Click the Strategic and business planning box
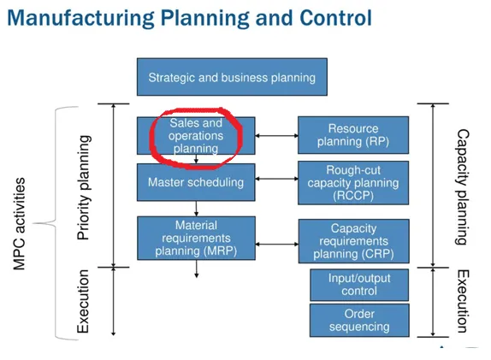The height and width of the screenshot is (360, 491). pos(232,77)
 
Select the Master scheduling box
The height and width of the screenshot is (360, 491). pos(196,182)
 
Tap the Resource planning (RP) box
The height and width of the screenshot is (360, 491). pos(353,135)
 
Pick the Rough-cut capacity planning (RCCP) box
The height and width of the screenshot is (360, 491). pos(353,183)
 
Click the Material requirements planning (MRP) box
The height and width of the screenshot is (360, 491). pos(197,238)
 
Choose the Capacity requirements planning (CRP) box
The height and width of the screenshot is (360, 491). pos(354,241)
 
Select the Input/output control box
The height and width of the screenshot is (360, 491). pos(359,285)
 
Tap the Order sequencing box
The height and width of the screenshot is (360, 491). pos(359,321)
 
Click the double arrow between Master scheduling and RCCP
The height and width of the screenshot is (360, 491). pos(277,179)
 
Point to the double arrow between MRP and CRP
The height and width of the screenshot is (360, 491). pos(277,244)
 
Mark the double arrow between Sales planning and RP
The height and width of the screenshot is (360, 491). pos(277,136)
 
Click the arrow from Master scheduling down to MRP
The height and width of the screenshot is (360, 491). pos(197,209)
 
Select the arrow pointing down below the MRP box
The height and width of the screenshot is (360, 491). pos(197,269)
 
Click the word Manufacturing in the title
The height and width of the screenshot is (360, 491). pos(80,18)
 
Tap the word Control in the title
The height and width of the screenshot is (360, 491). pos(335,18)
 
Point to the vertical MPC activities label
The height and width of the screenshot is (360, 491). pos(19,224)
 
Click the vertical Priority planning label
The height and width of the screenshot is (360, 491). pos(83,188)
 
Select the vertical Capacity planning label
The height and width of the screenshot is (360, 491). pos(462,187)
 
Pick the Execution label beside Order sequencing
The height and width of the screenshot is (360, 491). pos(463,301)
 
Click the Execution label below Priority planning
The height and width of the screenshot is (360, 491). pos(83,302)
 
